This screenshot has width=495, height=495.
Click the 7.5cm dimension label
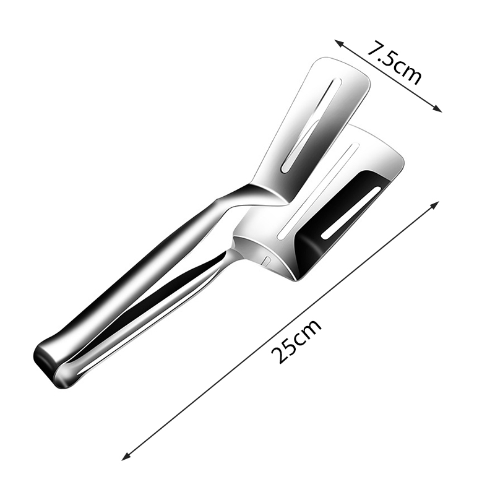pos(394,62)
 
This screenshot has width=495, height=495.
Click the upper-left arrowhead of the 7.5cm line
pos(338,43)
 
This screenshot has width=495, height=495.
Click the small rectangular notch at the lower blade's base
pos(267,260)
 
